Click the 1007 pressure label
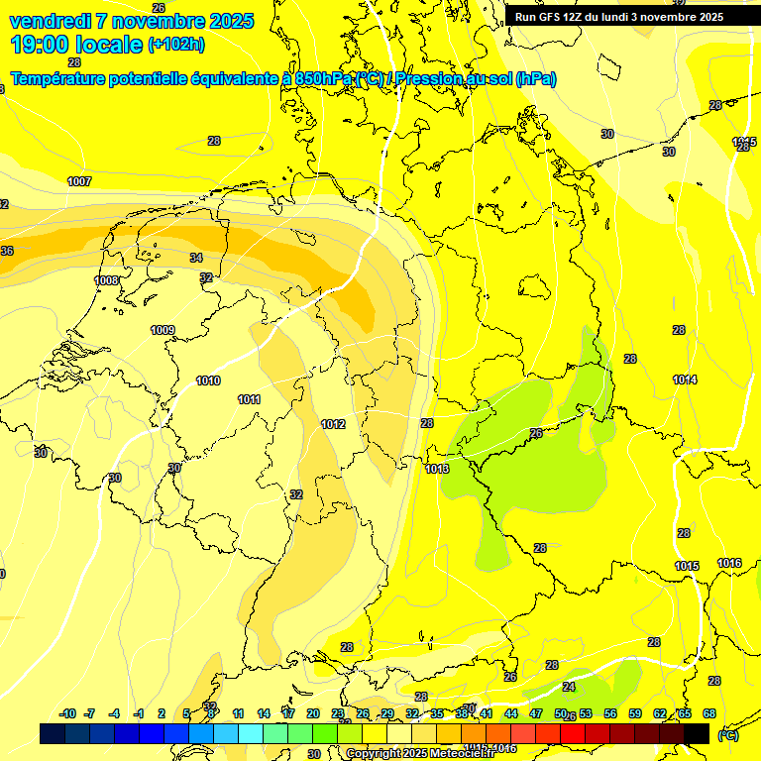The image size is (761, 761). (79, 181)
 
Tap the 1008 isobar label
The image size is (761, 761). (107, 280)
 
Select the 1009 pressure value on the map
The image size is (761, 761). (163, 330)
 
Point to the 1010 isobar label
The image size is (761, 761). (208, 380)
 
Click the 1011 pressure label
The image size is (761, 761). (250, 399)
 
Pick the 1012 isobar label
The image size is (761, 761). (333, 424)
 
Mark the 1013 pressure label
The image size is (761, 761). (437, 469)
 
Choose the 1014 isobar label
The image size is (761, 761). (685, 380)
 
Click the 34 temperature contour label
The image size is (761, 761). (196, 258)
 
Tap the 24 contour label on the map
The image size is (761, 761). (569, 686)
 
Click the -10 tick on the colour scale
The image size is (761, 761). (67, 713)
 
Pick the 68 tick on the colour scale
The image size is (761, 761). (709, 713)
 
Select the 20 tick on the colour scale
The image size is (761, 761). (313, 713)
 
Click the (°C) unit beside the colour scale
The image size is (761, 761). (727, 734)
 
